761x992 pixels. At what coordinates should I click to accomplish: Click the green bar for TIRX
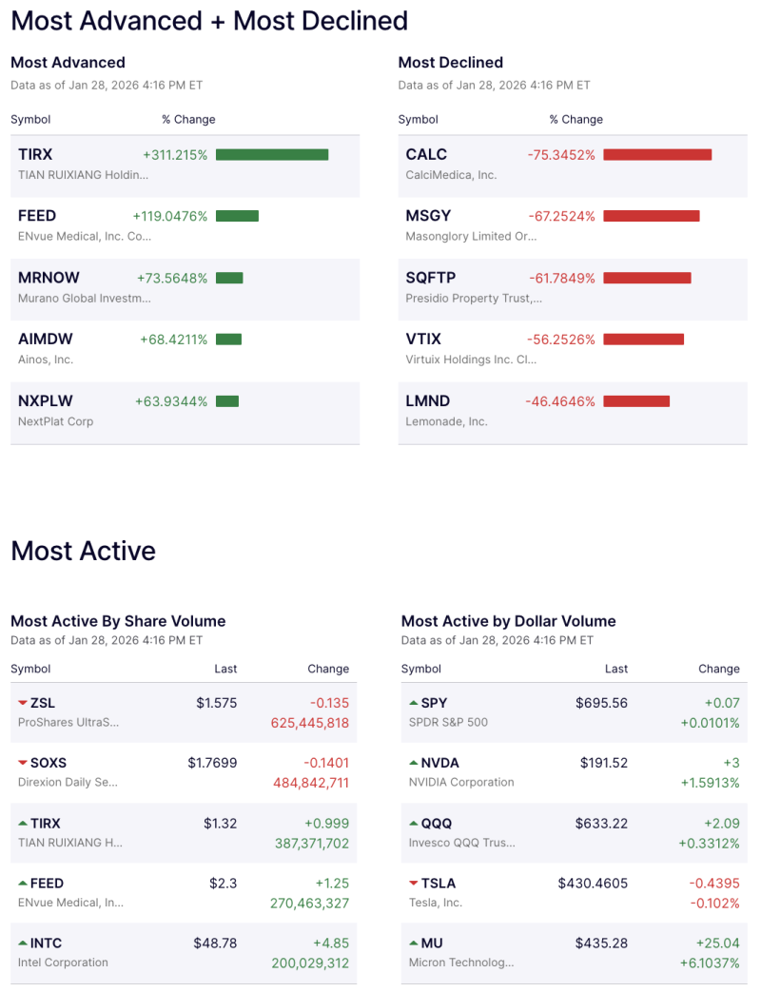272,155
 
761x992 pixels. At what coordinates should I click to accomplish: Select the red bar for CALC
657,155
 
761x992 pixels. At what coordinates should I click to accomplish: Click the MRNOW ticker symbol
49,278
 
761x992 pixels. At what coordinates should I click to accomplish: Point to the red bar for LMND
636,401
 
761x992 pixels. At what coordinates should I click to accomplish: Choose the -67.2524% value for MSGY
561,216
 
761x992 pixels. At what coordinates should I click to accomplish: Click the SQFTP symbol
431,278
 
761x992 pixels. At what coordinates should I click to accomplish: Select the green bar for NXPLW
227,401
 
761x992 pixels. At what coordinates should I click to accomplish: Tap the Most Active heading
83,551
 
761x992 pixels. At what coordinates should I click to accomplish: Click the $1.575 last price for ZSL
216,703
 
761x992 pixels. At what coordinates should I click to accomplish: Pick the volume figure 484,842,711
310,783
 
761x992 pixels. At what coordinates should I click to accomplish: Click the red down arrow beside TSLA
413,883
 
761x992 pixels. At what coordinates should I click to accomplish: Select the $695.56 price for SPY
601,703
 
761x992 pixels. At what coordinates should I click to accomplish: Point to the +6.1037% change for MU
709,963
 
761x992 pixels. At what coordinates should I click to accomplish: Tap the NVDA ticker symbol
439,763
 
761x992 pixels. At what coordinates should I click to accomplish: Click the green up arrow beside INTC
23,943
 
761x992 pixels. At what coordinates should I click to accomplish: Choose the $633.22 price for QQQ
601,823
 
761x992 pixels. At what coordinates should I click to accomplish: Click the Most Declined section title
450,63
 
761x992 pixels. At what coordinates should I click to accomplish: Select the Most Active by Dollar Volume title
508,621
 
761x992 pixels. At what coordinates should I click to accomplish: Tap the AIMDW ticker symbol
46,339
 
